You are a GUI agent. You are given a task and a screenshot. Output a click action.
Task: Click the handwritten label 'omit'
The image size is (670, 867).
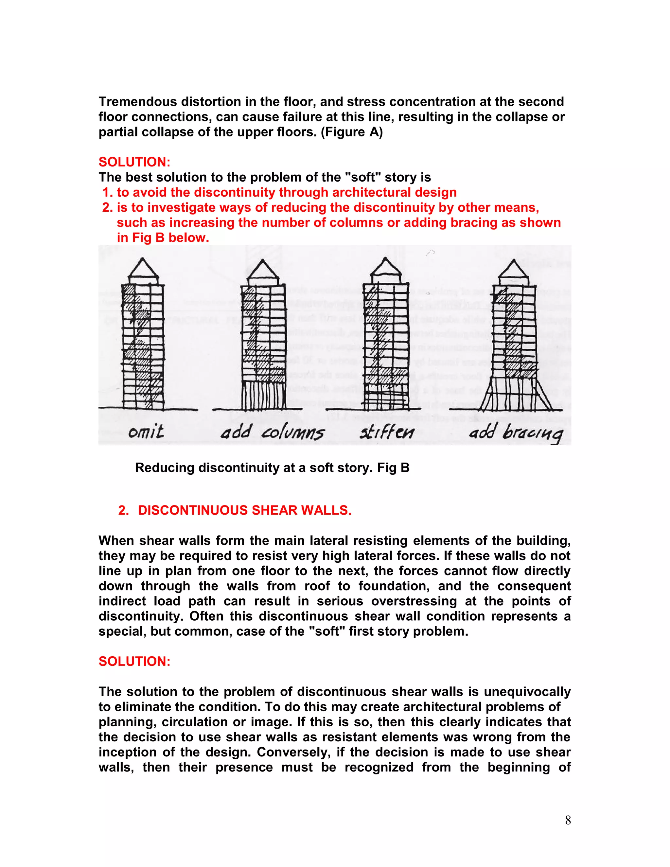[x=146, y=432]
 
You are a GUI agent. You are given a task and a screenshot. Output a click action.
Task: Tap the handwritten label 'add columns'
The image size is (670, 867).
[x=273, y=432]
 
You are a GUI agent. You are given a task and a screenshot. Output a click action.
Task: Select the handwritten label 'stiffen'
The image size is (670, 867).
[x=387, y=432]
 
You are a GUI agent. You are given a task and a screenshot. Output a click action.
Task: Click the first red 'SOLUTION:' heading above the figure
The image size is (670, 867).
[x=134, y=162]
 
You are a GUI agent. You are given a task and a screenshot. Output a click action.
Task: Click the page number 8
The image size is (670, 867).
[x=568, y=820]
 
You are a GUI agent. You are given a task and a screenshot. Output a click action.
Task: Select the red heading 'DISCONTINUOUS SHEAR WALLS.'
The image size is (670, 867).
[x=244, y=510]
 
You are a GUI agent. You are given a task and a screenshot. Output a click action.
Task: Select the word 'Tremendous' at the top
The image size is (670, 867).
[x=138, y=102]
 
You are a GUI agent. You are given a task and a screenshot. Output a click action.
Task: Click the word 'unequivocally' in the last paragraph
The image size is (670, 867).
[x=527, y=692]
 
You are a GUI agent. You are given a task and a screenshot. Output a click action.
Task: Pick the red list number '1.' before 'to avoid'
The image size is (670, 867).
[x=108, y=192]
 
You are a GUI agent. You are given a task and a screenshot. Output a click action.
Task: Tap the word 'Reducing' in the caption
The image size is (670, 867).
[x=164, y=468]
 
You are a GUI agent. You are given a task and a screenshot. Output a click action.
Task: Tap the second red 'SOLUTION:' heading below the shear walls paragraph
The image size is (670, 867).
[x=134, y=661]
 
